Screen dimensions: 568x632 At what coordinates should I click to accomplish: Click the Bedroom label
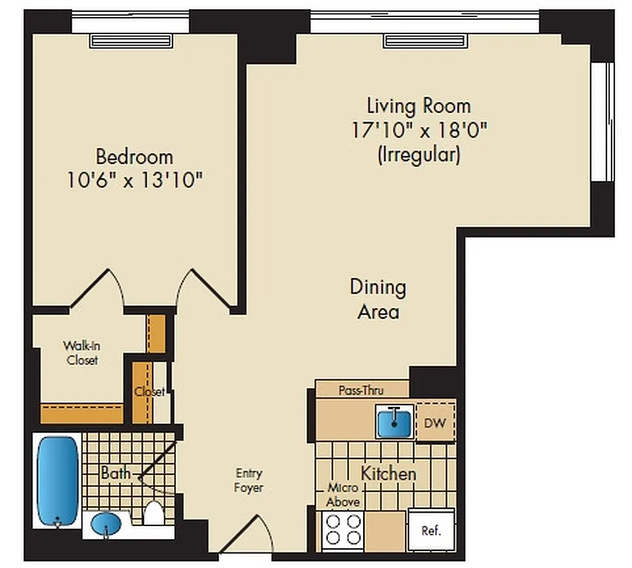[134, 155]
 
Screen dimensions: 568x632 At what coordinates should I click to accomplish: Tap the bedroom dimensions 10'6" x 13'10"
[134, 180]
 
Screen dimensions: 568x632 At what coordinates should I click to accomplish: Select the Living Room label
[418, 106]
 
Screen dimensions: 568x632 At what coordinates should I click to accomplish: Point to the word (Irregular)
[418, 154]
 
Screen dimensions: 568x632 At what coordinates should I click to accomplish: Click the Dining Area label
[378, 299]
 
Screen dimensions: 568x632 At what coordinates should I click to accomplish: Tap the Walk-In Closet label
[80, 353]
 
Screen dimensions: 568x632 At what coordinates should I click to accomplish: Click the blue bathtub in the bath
[57, 481]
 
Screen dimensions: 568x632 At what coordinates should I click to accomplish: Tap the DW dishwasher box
[435, 423]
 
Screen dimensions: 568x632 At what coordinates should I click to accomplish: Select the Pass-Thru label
[362, 390]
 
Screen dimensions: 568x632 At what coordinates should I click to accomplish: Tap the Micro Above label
[343, 495]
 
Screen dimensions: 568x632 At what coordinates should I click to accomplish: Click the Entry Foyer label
[249, 480]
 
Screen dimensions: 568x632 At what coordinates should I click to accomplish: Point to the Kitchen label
[388, 473]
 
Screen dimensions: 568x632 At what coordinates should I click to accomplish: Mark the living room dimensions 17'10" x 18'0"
[418, 131]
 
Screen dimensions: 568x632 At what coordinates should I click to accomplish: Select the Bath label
[114, 472]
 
